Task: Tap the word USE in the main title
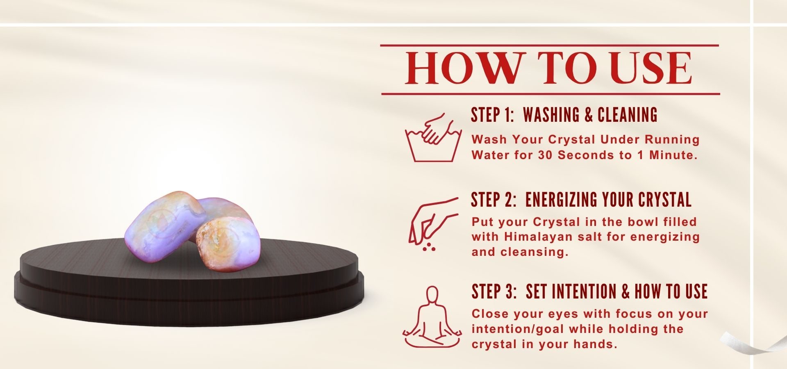pos(652,68)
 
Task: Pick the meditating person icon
pos(432,317)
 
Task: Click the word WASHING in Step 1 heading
pos(551,115)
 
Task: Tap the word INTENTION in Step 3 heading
pos(585,292)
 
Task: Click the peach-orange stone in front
pos(228,244)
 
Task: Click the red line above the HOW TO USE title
pos(550,45)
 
